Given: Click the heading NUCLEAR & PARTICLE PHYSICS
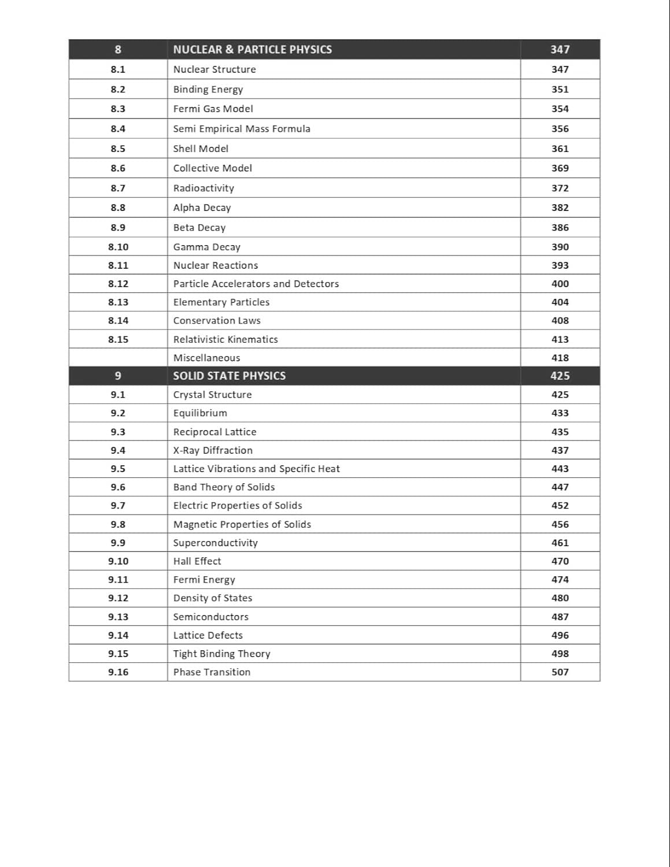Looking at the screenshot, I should click(252, 50).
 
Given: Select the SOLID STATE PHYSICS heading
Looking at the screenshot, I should click(229, 376).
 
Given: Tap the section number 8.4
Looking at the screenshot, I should click(118, 129).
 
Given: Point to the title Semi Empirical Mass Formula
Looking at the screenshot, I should click(242, 129).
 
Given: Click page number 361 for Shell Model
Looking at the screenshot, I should click(560, 149).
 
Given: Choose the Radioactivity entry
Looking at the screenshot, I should click(203, 188).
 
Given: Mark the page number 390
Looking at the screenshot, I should click(560, 247).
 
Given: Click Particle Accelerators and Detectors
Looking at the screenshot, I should click(256, 284).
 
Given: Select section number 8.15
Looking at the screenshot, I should click(118, 339).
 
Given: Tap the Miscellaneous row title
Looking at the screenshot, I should click(206, 358).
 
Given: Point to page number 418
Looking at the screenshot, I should click(560, 358).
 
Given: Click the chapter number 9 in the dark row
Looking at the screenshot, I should click(118, 376).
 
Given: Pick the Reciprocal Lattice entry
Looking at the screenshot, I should click(214, 432).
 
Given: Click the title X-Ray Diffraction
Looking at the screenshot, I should click(213, 450).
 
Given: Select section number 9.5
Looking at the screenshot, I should click(118, 469).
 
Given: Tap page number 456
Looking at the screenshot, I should click(560, 524).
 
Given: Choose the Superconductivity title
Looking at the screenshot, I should click(215, 543).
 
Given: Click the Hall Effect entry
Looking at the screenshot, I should click(197, 561).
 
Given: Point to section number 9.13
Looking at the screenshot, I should click(118, 617).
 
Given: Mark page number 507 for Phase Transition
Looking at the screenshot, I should click(560, 672).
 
